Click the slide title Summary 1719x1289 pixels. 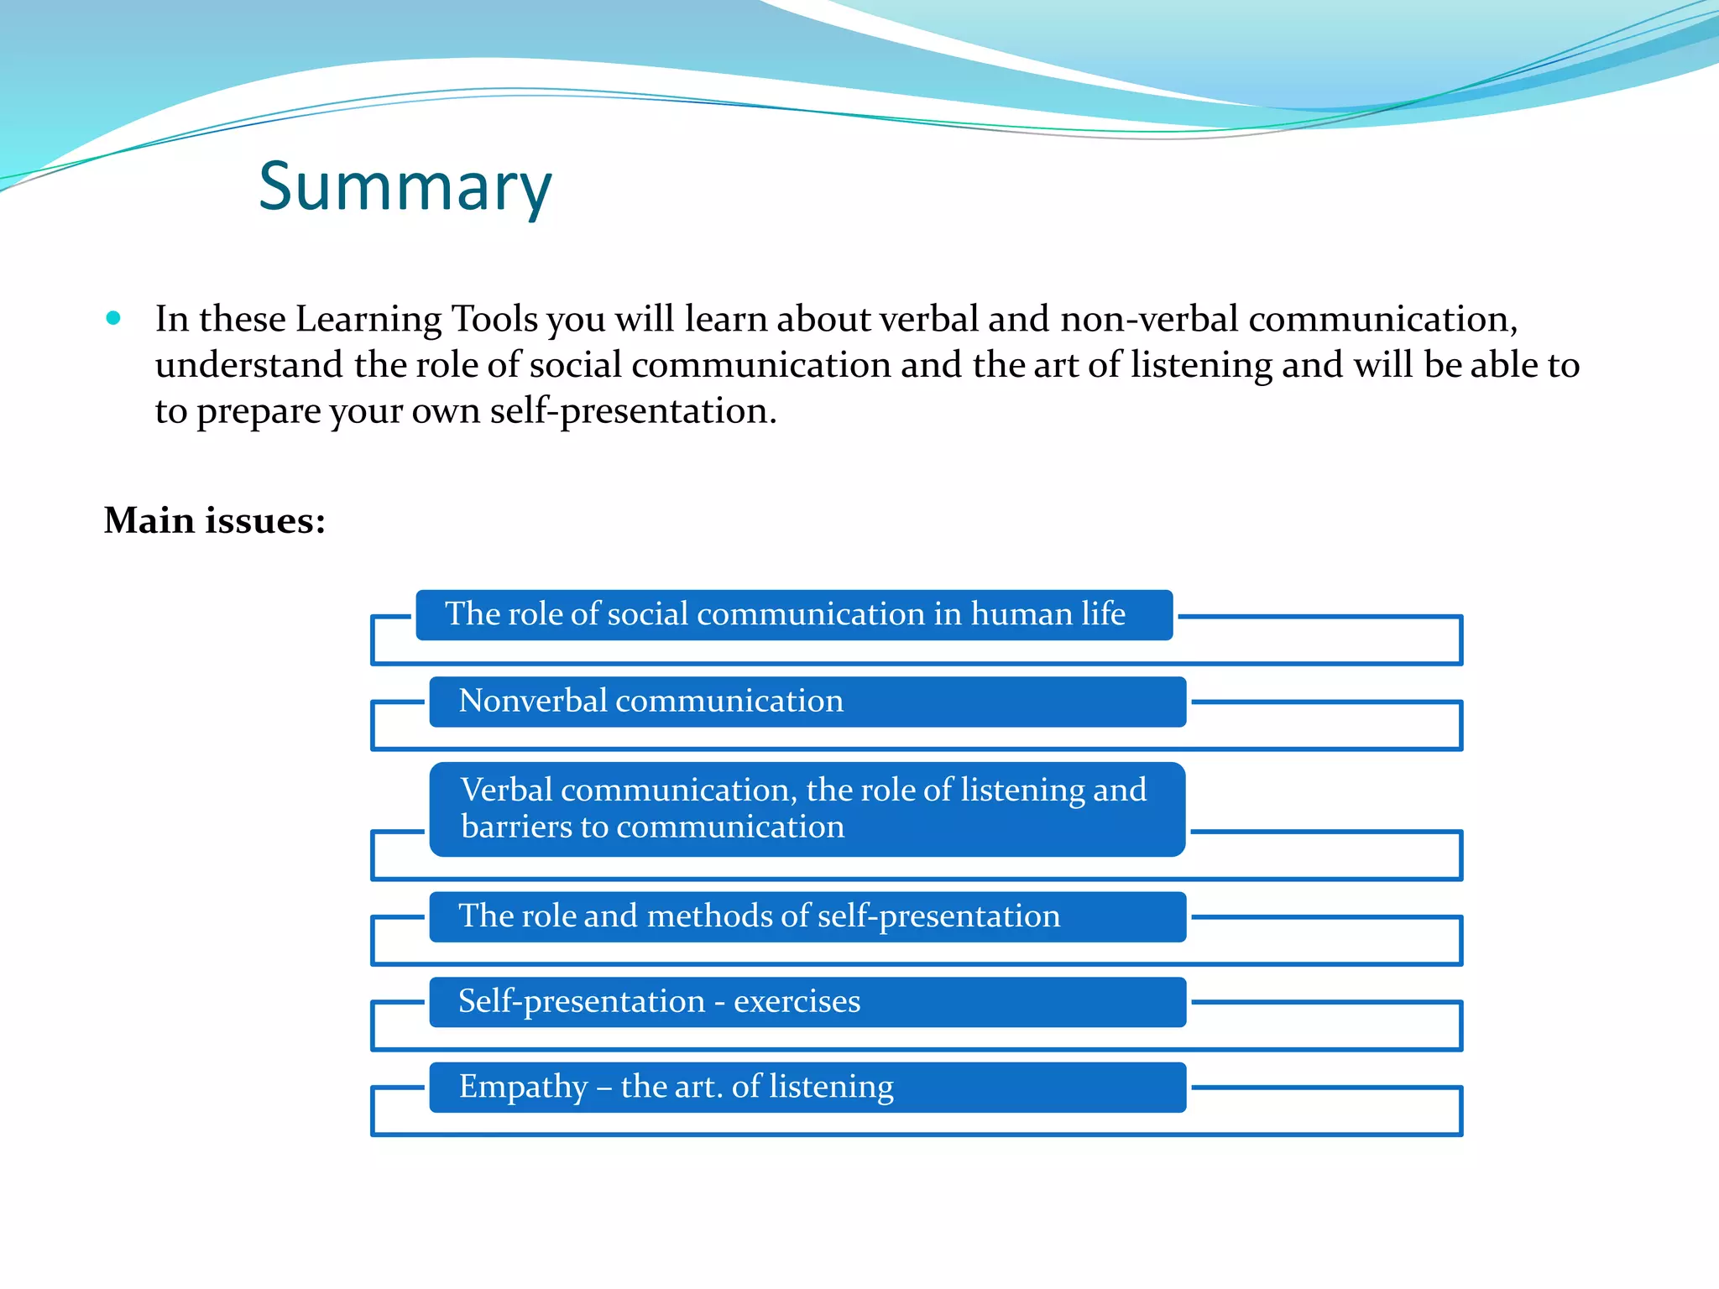405,186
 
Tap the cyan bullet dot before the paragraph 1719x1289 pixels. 113,318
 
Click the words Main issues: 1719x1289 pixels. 214,520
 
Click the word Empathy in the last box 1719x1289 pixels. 523,1088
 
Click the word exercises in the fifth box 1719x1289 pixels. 797,1002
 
